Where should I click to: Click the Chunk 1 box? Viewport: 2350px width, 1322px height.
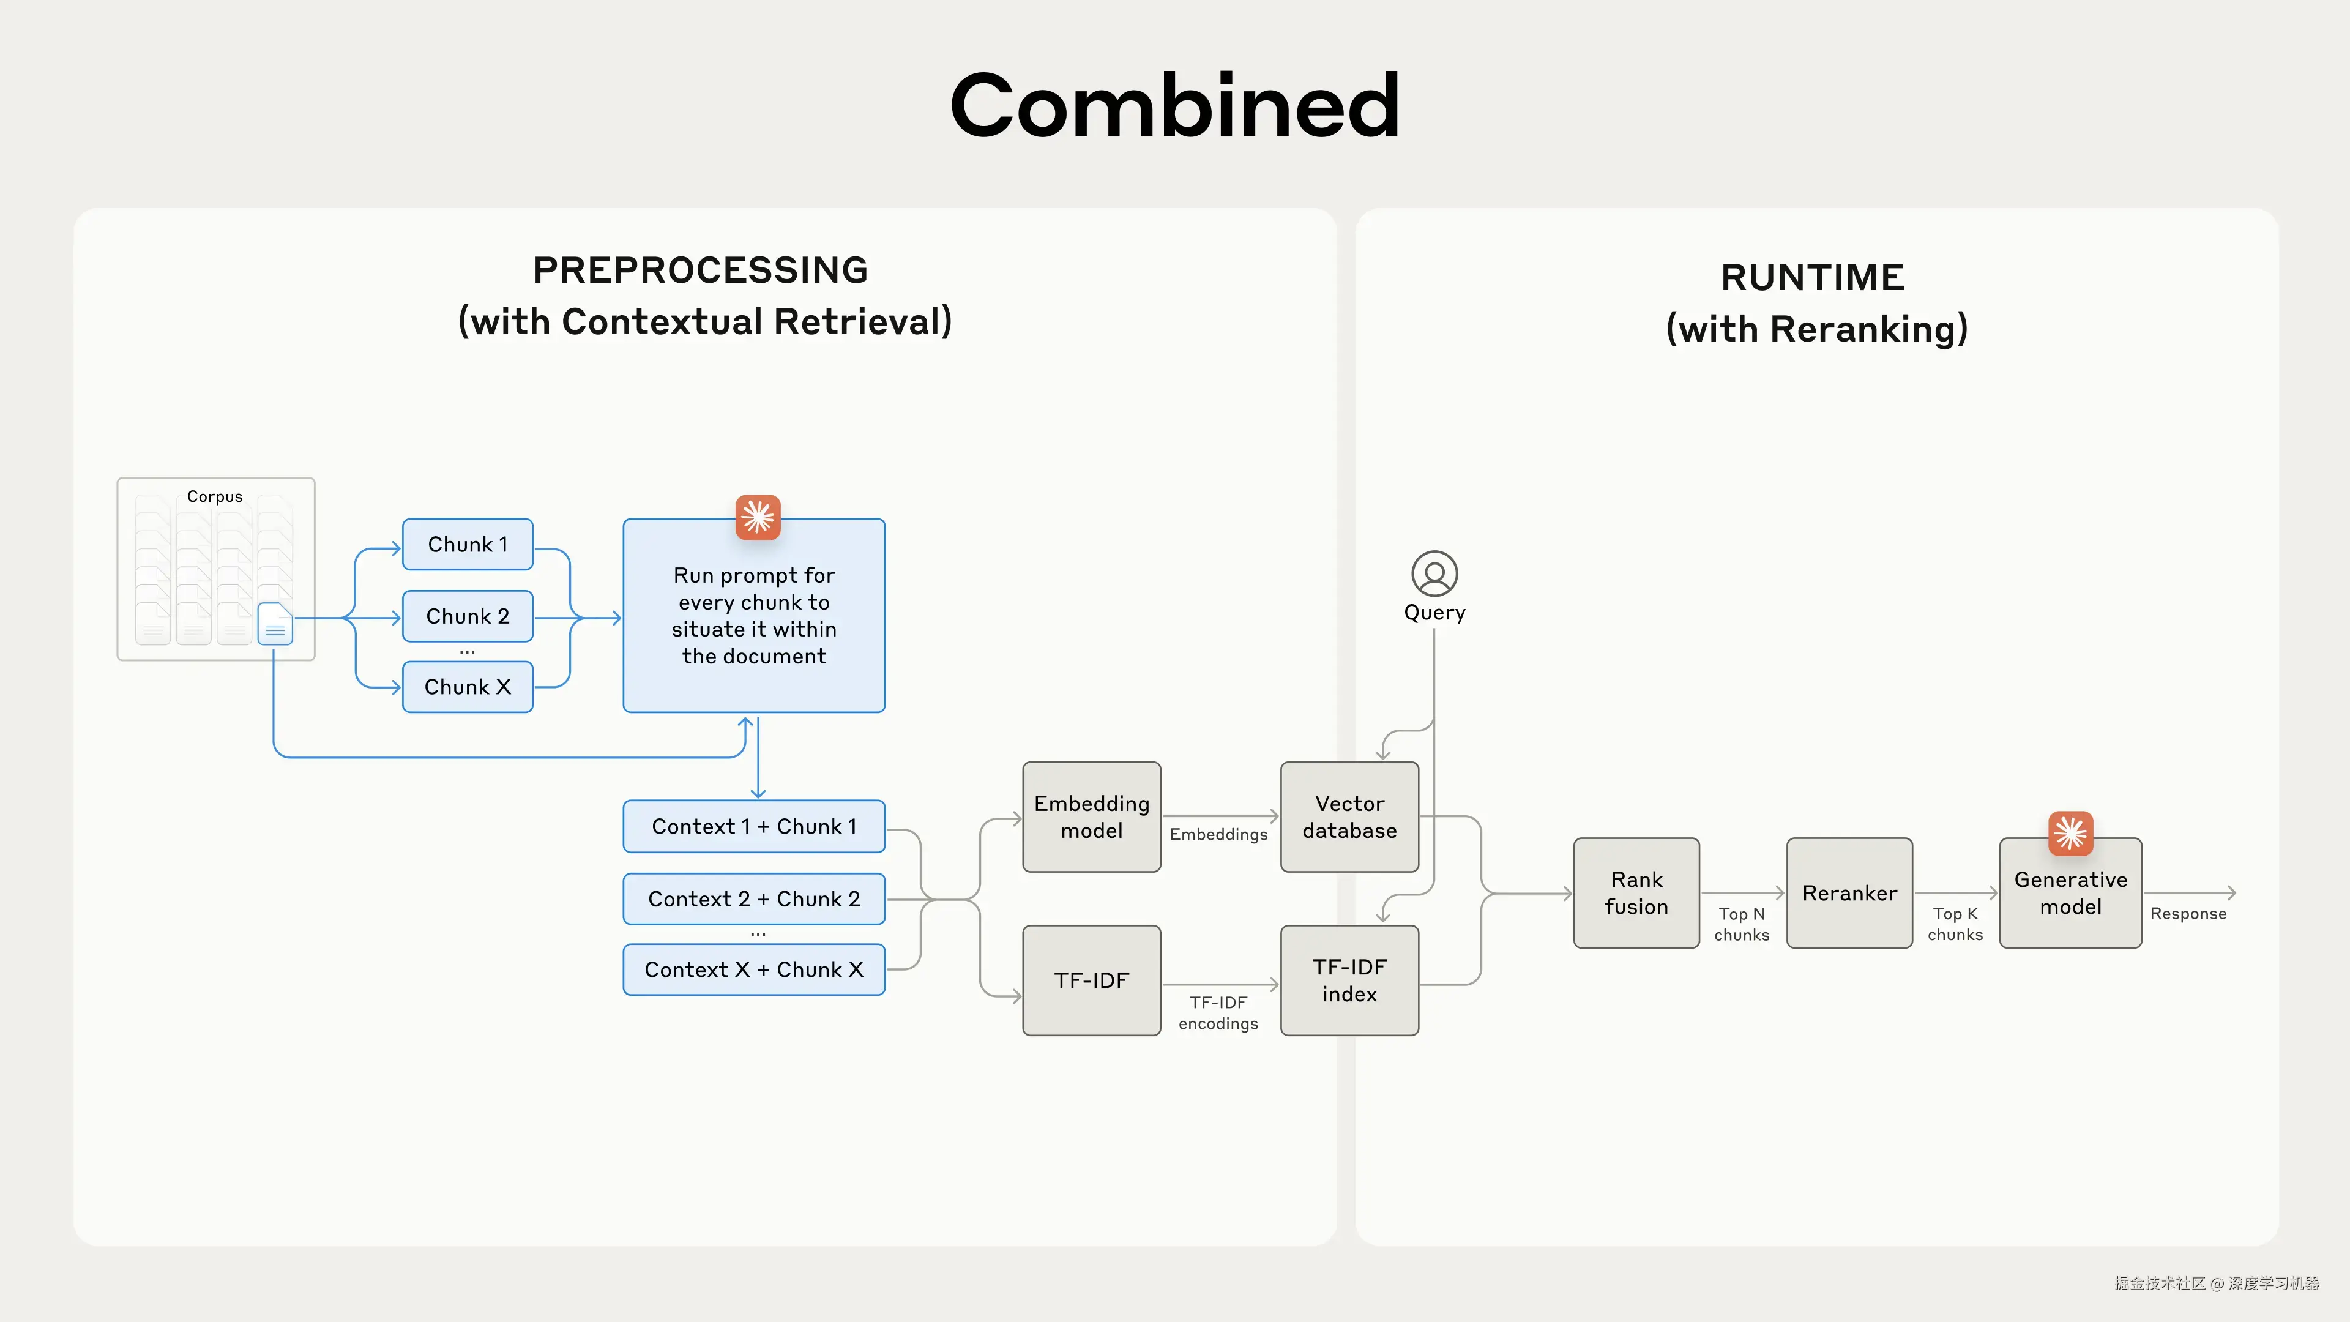[467, 545]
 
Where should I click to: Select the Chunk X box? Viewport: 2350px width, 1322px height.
[467, 687]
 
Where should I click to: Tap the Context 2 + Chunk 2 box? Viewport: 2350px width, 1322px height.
[753, 898]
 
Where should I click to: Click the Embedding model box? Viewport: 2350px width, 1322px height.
[1091, 816]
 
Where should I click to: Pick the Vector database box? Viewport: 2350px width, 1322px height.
[1349, 816]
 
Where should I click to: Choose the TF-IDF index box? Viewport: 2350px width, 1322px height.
[1349, 980]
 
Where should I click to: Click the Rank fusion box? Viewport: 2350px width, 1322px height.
[1636, 892]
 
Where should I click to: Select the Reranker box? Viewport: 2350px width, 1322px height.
[1849, 892]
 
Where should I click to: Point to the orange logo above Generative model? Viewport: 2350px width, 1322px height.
[2070, 833]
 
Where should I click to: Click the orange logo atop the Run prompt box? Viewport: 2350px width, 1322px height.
[757, 517]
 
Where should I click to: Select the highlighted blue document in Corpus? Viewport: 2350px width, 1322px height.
[275, 624]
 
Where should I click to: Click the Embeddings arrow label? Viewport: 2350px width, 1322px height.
[1218, 834]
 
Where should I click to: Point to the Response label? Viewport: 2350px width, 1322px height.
[2188, 913]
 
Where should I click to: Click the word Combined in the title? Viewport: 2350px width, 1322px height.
[1174, 106]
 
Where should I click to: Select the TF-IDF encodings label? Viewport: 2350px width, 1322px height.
[1218, 1013]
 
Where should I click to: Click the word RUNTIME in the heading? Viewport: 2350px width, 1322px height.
[1811, 277]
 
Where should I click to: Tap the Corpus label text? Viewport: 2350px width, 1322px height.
[214, 496]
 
